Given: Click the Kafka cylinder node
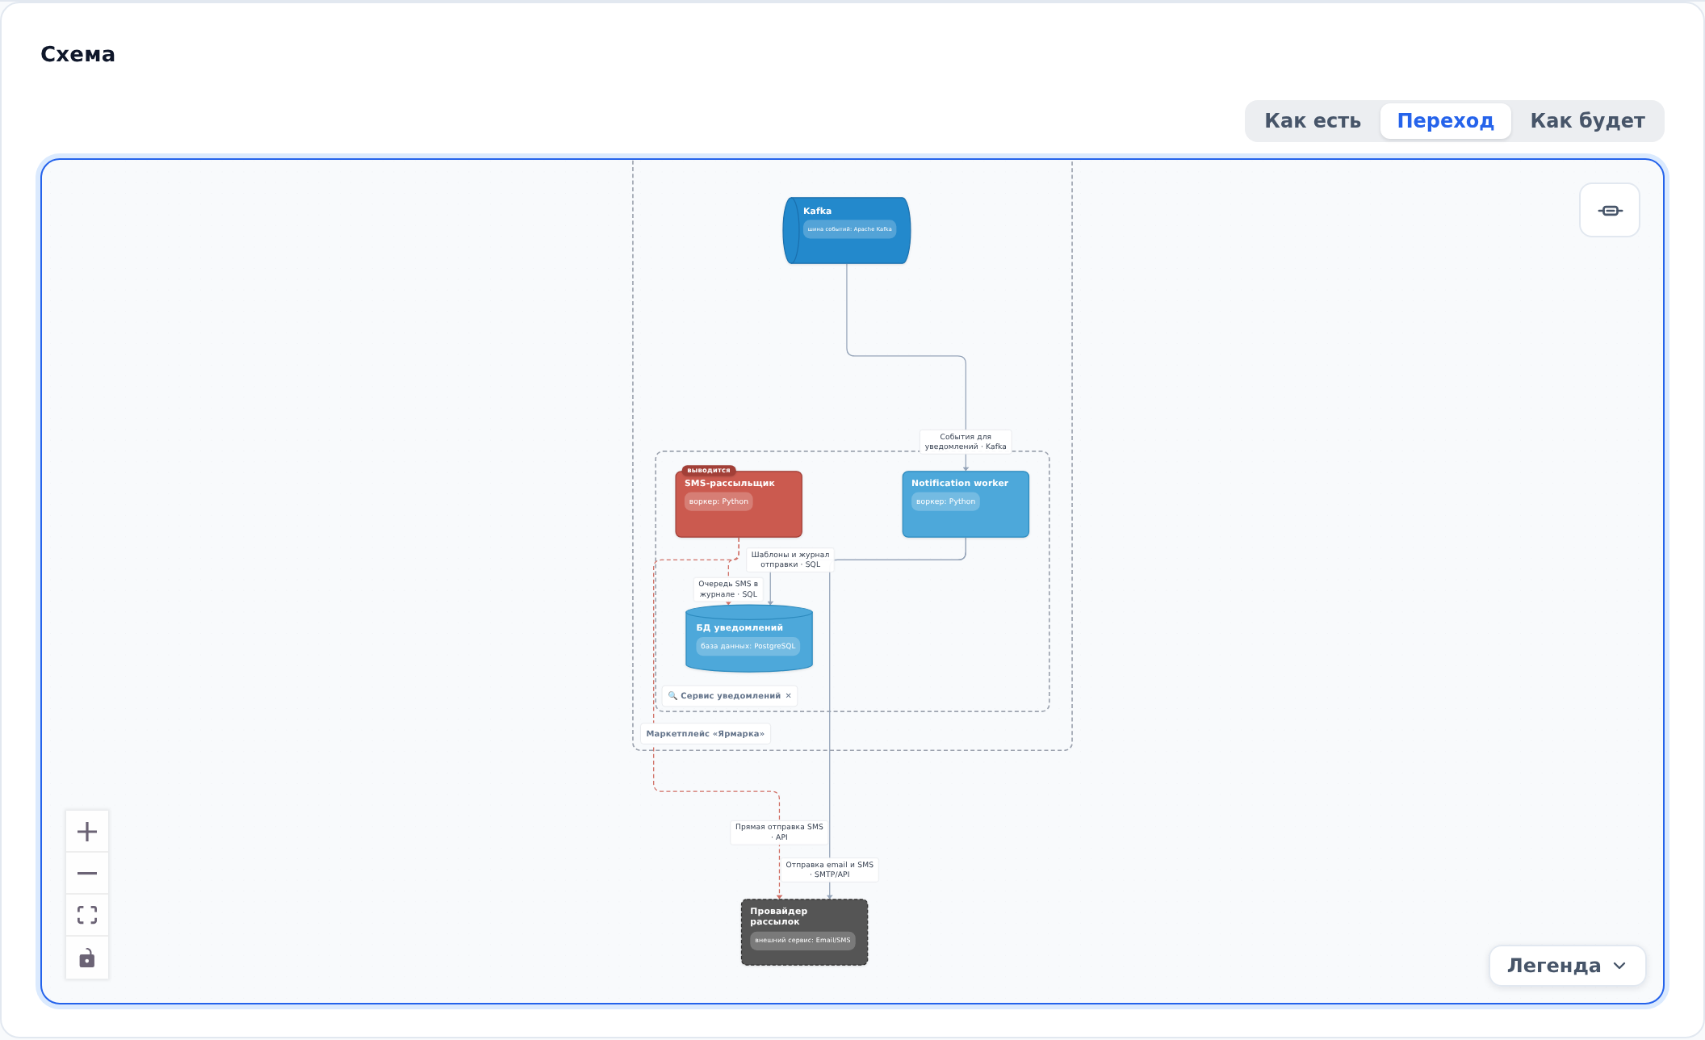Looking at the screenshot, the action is tap(847, 230).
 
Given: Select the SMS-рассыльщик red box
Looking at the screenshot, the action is tap(739, 504).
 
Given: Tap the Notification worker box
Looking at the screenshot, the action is tap(966, 504).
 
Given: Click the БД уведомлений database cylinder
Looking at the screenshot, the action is tap(749, 639).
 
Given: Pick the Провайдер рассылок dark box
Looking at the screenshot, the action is tap(804, 932).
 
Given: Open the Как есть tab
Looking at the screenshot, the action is tap(1313, 121).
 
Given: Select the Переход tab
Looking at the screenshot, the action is tap(1445, 121).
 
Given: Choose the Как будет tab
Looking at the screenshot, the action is tap(1587, 121).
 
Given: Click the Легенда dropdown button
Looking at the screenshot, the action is tap(1567, 966).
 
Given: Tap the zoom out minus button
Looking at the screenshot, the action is tap(87, 874).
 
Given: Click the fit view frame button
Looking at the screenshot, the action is tap(87, 916).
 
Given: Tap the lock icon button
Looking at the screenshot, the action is tap(87, 958).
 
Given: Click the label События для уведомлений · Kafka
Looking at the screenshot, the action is tap(966, 442).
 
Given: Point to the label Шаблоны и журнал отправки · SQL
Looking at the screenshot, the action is tap(790, 560).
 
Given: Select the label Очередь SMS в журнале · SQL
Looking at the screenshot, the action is tap(728, 589).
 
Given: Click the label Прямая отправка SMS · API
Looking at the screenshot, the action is tap(779, 832).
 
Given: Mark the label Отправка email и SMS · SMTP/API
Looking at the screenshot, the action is tap(830, 870).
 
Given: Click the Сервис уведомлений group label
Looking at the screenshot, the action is tap(730, 696).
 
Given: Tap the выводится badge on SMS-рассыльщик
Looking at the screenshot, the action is tap(709, 470).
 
